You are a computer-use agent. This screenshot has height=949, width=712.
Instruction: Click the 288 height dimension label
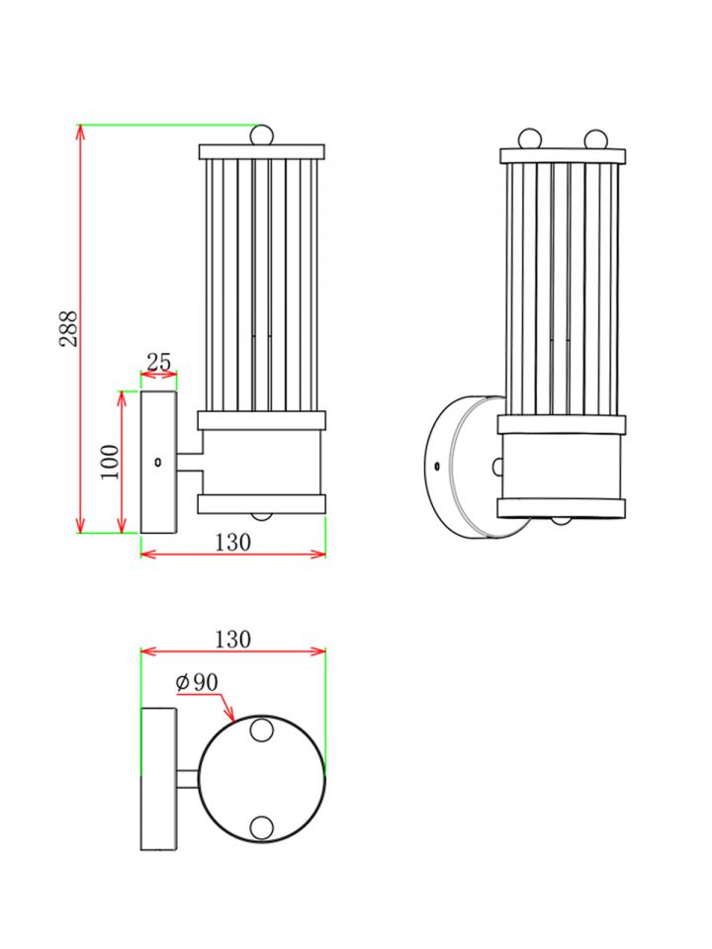click(x=68, y=327)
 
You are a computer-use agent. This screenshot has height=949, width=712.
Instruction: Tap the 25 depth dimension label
click(x=158, y=363)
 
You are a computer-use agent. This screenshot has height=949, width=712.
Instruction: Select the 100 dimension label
click(x=110, y=461)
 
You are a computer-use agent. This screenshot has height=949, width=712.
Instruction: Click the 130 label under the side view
click(x=231, y=542)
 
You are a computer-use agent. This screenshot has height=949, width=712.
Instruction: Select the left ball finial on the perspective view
click(x=530, y=137)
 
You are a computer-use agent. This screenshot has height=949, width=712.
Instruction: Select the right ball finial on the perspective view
click(x=596, y=137)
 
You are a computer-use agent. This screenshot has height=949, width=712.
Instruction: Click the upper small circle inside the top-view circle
click(x=261, y=731)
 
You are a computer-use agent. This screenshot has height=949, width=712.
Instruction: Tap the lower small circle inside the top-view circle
click(x=261, y=827)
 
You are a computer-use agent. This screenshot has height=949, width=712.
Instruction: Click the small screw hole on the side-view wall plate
click(x=158, y=462)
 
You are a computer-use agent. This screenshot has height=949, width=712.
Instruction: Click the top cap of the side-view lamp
click(x=261, y=152)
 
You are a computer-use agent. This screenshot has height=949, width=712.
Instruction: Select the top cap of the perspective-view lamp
click(x=563, y=155)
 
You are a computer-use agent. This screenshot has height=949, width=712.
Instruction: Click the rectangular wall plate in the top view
click(x=158, y=779)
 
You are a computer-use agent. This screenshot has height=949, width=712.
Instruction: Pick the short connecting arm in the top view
click(x=188, y=779)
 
